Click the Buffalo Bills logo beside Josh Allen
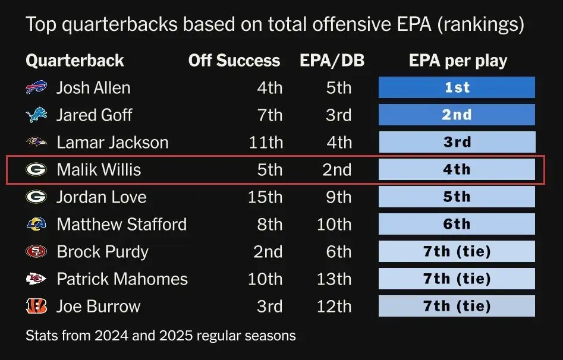click(x=36, y=88)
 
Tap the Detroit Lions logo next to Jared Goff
click(x=36, y=115)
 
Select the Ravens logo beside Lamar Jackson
click(x=36, y=143)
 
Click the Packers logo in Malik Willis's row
click(x=36, y=170)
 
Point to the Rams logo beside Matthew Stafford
click(x=36, y=225)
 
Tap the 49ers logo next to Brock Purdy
click(x=36, y=252)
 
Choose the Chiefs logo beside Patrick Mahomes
click(x=36, y=279)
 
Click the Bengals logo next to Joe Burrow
click(x=36, y=307)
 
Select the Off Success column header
click(x=234, y=61)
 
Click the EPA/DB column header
click(x=332, y=61)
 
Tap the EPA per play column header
click(x=458, y=61)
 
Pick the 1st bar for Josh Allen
click(x=457, y=88)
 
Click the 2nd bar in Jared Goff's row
click(x=457, y=115)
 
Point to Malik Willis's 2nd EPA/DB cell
click(x=336, y=170)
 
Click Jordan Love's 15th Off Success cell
click(x=265, y=197)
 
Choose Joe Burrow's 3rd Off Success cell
click(x=269, y=307)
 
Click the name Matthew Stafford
click(x=122, y=225)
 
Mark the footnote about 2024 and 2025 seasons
click(x=161, y=336)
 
